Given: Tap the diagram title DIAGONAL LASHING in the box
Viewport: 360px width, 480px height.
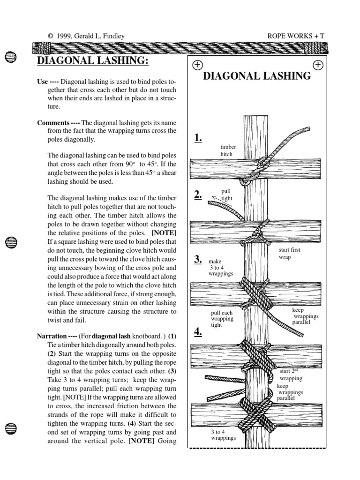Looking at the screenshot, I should pyautogui.click(x=257, y=76).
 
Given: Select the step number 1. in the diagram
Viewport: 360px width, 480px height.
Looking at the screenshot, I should pyautogui.click(x=198, y=137).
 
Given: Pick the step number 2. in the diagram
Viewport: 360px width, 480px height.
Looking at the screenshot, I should pyautogui.click(x=198, y=195).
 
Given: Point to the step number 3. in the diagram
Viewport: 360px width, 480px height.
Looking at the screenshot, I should pyautogui.click(x=198, y=259).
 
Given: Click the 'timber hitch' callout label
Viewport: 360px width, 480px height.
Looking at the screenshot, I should pyautogui.click(x=228, y=150).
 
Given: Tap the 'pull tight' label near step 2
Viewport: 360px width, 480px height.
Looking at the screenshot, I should pyautogui.click(x=227, y=195).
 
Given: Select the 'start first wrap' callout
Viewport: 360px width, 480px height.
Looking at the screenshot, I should pyautogui.click(x=289, y=254).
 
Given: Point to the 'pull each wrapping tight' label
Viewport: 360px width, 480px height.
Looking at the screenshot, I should pyautogui.click(x=222, y=319).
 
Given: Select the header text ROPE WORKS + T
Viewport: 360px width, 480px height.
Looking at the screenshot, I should pyautogui.click(x=295, y=36).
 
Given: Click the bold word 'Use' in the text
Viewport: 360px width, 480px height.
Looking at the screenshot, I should pyautogui.click(x=43, y=81).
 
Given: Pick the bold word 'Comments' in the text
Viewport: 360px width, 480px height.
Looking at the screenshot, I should pyautogui.click(x=53, y=123).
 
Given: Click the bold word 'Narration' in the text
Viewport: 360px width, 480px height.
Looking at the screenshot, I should pyautogui.click(x=52, y=336).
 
